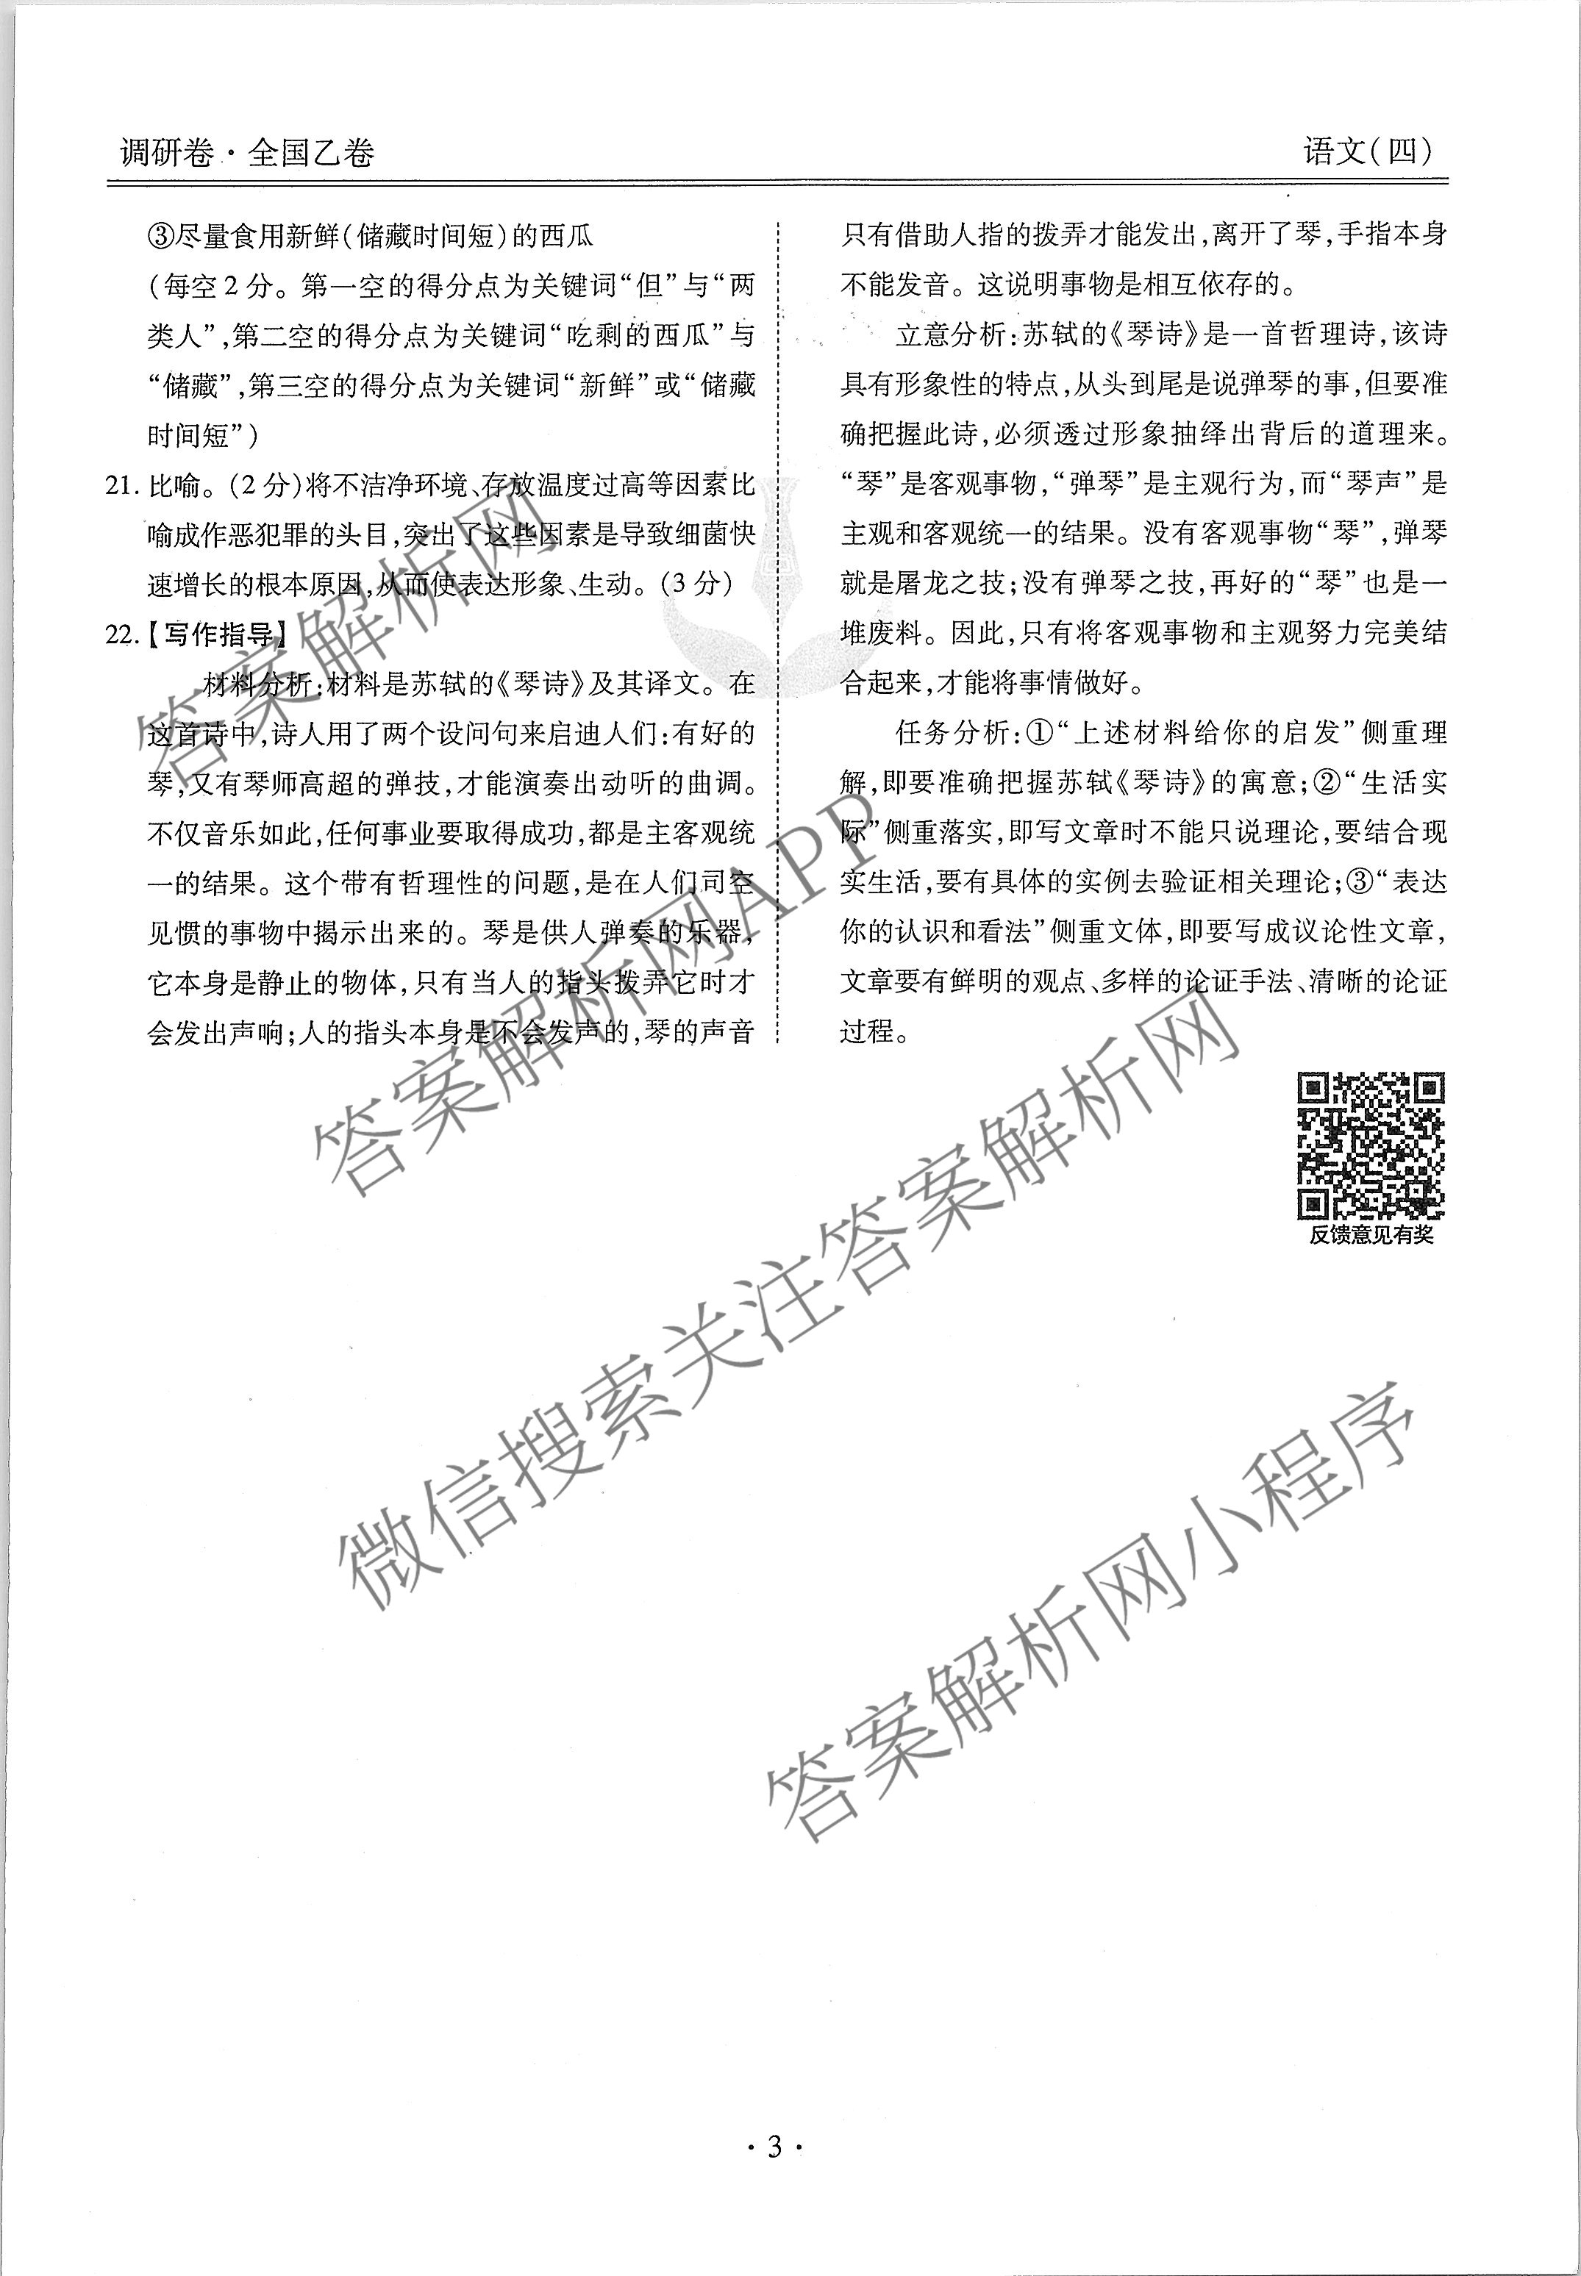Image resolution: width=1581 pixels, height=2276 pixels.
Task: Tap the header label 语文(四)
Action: pyautogui.click(x=1367, y=151)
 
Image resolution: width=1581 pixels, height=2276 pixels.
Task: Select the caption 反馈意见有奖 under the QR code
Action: pyautogui.click(x=1371, y=1235)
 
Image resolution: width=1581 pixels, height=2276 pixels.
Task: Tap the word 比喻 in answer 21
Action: pyautogui.click(x=174, y=485)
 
